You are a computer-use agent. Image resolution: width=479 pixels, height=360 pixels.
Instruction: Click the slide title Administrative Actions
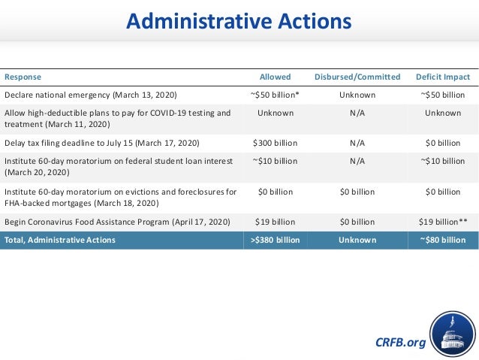(239, 22)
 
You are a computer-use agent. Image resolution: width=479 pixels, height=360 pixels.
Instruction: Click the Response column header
(23, 77)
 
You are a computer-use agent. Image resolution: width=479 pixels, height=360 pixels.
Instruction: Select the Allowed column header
(275, 77)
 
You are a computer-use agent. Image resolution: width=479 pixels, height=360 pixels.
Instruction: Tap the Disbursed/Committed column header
(357, 77)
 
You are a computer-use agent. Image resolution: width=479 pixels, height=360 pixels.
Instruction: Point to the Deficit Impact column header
(443, 77)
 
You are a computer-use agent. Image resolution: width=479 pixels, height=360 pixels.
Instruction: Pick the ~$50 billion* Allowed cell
(275, 95)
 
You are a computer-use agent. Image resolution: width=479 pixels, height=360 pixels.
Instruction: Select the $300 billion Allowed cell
(275, 143)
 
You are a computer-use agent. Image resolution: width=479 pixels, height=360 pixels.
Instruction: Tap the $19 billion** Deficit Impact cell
(443, 222)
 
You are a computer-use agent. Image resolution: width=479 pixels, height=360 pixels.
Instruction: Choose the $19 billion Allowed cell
(275, 222)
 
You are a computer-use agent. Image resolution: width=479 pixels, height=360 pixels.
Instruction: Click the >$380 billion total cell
(275, 240)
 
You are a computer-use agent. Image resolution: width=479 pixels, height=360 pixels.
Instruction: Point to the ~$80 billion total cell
(443, 240)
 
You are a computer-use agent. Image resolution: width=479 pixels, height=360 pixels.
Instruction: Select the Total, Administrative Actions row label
(60, 240)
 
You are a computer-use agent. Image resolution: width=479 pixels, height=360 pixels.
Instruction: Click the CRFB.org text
(400, 343)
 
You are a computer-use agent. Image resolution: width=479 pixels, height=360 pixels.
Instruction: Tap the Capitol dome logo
(452, 335)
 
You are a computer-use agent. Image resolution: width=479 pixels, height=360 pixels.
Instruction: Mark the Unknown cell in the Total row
(357, 240)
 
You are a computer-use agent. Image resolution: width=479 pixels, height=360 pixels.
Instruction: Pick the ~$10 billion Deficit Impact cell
(443, 161)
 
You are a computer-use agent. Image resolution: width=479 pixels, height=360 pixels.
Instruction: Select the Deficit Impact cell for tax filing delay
(443, 143)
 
